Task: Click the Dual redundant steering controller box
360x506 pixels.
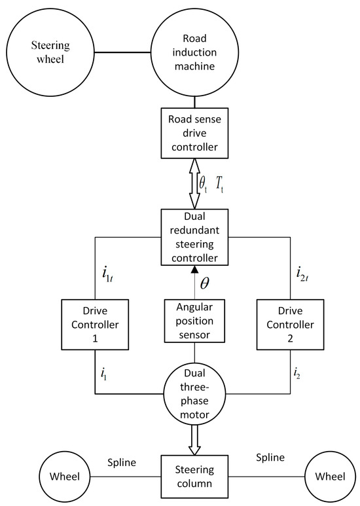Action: [x=194, y=237]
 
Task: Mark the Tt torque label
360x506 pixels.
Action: [x=222, y=185]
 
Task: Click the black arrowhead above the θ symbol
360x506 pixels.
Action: [x=194, y=270]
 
